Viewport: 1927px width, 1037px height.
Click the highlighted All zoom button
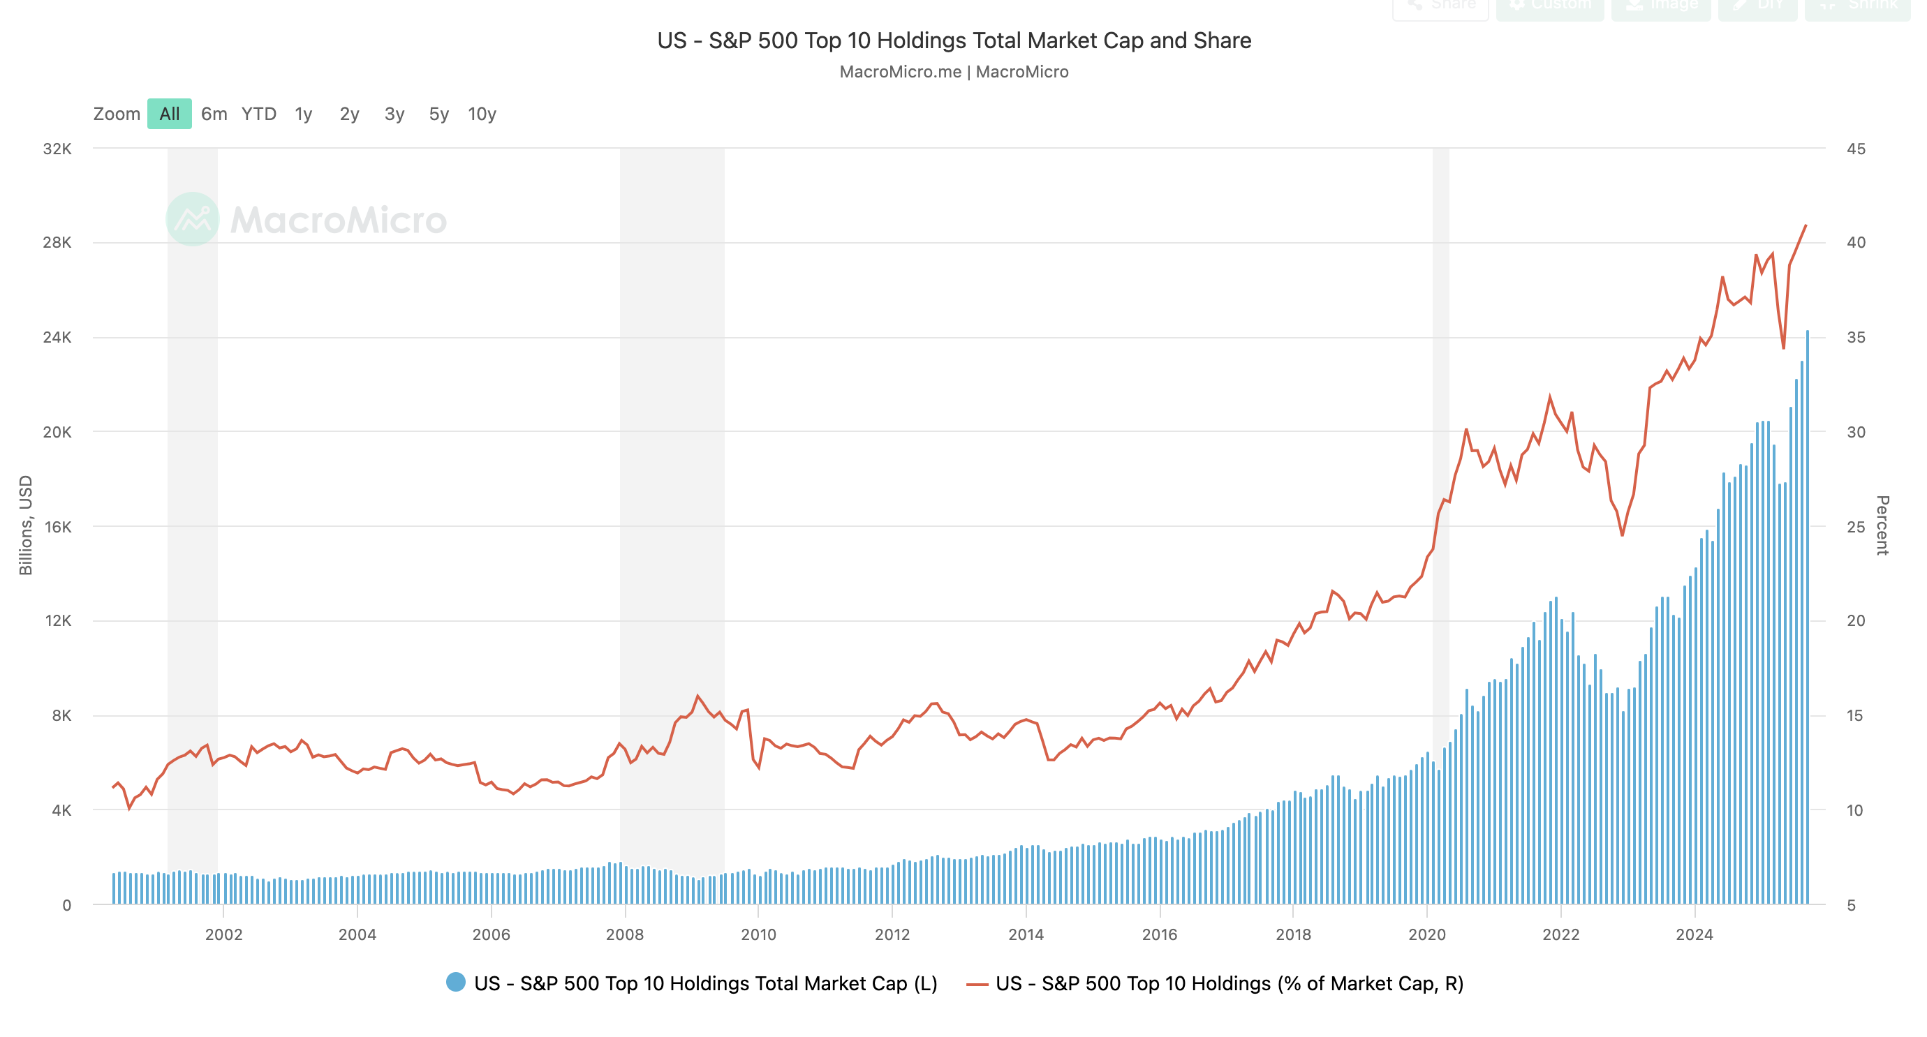coord(169,114)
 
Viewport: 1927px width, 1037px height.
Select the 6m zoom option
coord(214,114)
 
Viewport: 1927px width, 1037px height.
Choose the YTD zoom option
coord(259,114)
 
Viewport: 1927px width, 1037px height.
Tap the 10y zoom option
coord(482,114)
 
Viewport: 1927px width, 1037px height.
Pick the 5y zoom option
coord(438,114)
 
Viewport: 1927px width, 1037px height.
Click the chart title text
coord(954,40)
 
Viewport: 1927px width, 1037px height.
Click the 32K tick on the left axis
coord(57,149)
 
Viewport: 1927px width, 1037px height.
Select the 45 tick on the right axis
coord(1855,149)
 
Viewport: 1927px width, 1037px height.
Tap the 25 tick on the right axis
coord(1855,526)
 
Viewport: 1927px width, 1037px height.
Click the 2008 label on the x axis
coord(625,934)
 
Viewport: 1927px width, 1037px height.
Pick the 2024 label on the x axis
coord(1694,934)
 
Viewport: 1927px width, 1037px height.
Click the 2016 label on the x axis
coord(1160,934)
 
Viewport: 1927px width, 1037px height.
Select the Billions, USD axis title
coord(25,525)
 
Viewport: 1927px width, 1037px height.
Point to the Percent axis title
coord(1882,525)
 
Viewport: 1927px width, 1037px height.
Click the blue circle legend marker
coord(455,982)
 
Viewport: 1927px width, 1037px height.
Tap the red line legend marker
coord(977,984)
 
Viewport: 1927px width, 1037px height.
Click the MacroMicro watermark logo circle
coord(192,219)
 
